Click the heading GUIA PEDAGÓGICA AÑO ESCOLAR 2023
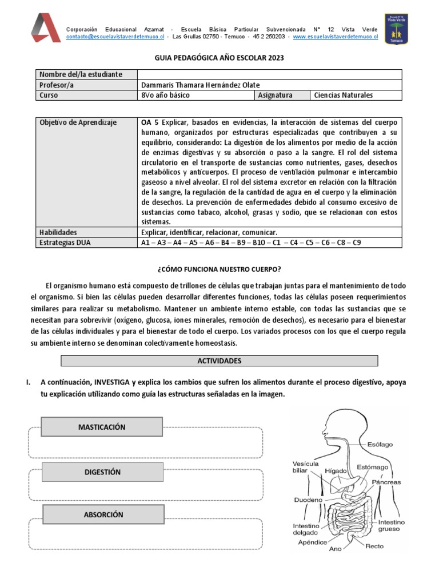click(x=219, y=58)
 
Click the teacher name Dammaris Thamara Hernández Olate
click(x=199, y=85)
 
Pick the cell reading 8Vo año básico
click(x=165, y=95)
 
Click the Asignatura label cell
click(x=276, y=95)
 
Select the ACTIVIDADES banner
click(x=219, y=361)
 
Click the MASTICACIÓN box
click(x=102, y=427)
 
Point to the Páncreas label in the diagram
click(x=386, y=482)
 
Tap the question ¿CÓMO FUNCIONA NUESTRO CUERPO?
click(x=219, y=269)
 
